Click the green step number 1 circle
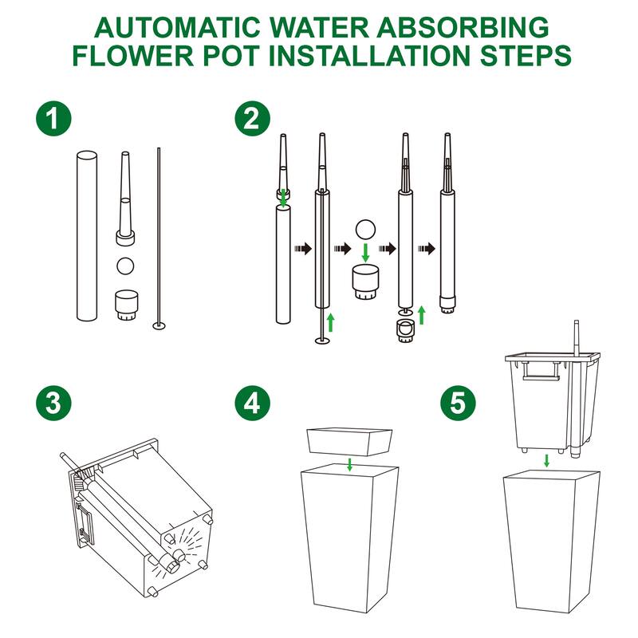pyautogui.click(x=53, y=118)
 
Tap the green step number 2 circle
pyautogui.click(x=252, y=118)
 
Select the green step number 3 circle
pyautogui.click(x=53, y=403)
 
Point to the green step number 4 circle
pyautogui.click(x=252, y=403)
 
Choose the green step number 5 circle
pyautogui.click(x=458, y=403)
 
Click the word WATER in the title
pyautogui.click(x=319, y=27)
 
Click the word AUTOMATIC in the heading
pyautogui.click(x=177, y=27)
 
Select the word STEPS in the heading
pyautogui.click(x=526, y=55)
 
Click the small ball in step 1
pyautogui.click(x=125, y=266)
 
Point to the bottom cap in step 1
pyautogui.click(x=127, y=305)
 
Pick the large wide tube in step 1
pyautogui.click(x=87, y=236)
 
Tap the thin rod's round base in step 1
pyautogui.click(x=159, y=325)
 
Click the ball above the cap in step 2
pyautogui.click(x=365, y=230)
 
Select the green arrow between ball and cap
pyautogui.click(x=365, y=253)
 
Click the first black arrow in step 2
pyautogui.click(x=303, y=248)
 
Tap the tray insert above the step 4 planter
pyautogui.click(x=350, y=442)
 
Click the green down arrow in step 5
pyautogui.click(x=547, y=461)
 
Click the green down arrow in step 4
pyautogui.click(x=349, y=464)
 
